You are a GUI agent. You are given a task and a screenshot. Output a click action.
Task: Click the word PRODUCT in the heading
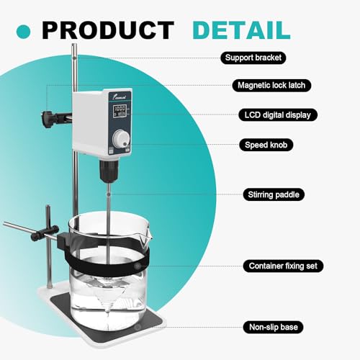tap(108, 30)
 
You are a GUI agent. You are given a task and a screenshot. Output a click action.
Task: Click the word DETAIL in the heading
tap(240, 30)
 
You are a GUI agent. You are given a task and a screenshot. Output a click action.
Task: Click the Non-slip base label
tap(271, 327)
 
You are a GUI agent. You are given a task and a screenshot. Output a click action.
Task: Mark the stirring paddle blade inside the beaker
tap(109, 302)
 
